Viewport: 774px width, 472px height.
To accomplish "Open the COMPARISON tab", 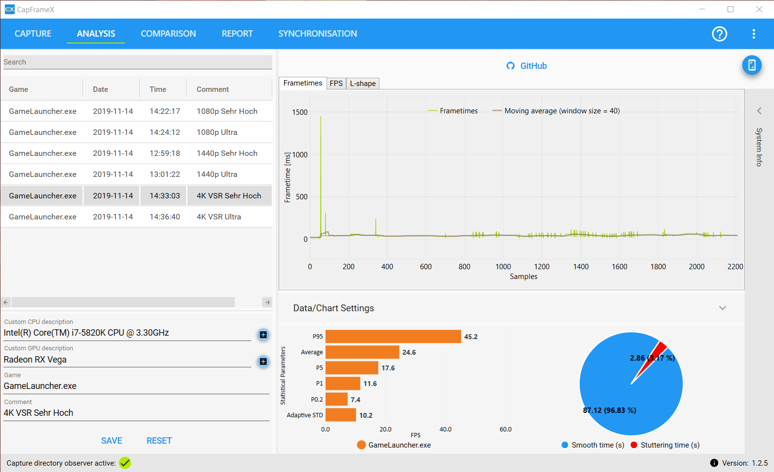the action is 168,34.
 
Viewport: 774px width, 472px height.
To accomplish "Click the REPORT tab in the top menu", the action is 237,34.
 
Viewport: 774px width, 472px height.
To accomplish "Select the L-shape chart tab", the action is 362,84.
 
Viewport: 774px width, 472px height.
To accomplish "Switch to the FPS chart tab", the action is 336,84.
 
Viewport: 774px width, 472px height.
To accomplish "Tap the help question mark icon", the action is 719,34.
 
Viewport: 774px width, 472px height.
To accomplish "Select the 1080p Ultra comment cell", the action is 217,132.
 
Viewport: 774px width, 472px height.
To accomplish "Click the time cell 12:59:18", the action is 164,153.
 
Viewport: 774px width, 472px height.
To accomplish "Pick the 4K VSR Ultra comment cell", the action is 219,217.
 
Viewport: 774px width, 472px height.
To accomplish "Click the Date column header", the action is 100,89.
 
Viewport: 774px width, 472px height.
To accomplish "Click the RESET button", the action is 159,441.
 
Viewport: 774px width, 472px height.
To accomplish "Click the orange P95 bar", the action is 393,337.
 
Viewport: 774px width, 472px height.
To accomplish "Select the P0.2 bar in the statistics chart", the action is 336,400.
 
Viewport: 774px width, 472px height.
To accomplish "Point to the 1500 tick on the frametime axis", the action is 300,112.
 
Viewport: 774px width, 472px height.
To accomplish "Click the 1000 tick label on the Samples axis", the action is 503,267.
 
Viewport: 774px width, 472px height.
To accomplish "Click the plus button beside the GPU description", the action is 264,362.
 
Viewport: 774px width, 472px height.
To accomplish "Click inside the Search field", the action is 137,62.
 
